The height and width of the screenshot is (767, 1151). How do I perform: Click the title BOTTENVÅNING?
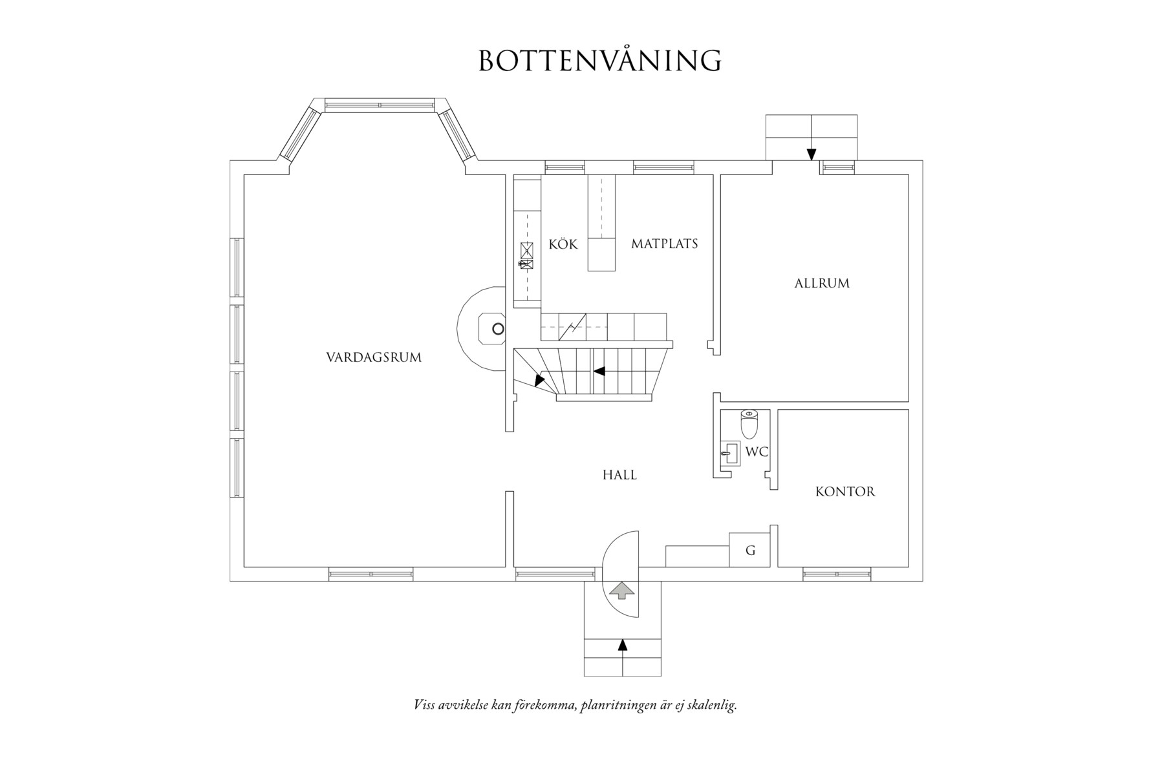pyautogui.click(x=599, y=60)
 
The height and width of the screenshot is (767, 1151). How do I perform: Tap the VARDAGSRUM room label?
pyautogui.click(x=374, y=357)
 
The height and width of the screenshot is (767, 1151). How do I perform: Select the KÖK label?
pyautogui.click(x=563, y=244)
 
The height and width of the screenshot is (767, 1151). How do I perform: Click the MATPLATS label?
pyautogui.click(x=664, y=244)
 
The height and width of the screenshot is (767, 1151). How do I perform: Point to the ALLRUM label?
pyautogui.click(x=822, y=283)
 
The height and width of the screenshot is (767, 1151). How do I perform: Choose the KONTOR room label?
pyautogui.click(x=845, y=492)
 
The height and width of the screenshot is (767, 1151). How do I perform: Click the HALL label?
pyautogui.click(x=619, y=475)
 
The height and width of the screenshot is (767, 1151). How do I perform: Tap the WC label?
pyautogui.click(x=757, y=452)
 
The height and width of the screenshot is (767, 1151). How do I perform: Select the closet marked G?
pyautogui.click(x=750, y=551)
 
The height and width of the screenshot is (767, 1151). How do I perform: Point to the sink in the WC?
pyautogui.click(x=730, y=453)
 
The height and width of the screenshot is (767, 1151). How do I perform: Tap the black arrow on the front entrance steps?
pyautogui.click(x=622, y=644)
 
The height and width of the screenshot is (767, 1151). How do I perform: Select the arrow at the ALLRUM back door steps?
pyautogui.click(x=811, y=154)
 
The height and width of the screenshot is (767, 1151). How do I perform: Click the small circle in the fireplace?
pyautogui.click(x=497, y=329)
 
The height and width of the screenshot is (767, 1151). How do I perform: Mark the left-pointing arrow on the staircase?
pyautogui.click(x=599, y=372)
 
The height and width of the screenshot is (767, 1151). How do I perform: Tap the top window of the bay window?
pyautogui.click(x=379, y=105)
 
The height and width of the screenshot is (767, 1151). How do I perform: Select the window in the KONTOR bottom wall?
pyautogui.click(x=836, y=574)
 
